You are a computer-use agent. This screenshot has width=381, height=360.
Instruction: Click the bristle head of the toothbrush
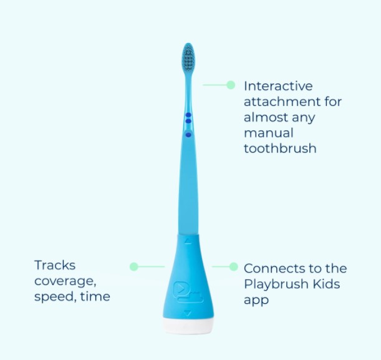pos(188,59)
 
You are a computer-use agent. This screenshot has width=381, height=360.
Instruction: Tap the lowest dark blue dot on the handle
pos(188,134)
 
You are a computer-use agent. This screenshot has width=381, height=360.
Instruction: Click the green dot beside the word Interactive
pos(231,85)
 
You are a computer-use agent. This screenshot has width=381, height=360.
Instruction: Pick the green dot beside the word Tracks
pos(133,266)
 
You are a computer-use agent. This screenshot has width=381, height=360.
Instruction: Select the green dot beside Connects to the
pos(233,266)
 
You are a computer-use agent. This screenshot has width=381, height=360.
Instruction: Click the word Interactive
pos(278,86)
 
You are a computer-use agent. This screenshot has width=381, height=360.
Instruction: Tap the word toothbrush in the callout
pos(280,148)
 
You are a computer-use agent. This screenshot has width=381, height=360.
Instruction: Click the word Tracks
pos(55,265)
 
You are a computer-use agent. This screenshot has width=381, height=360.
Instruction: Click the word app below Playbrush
pos(256,300)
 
